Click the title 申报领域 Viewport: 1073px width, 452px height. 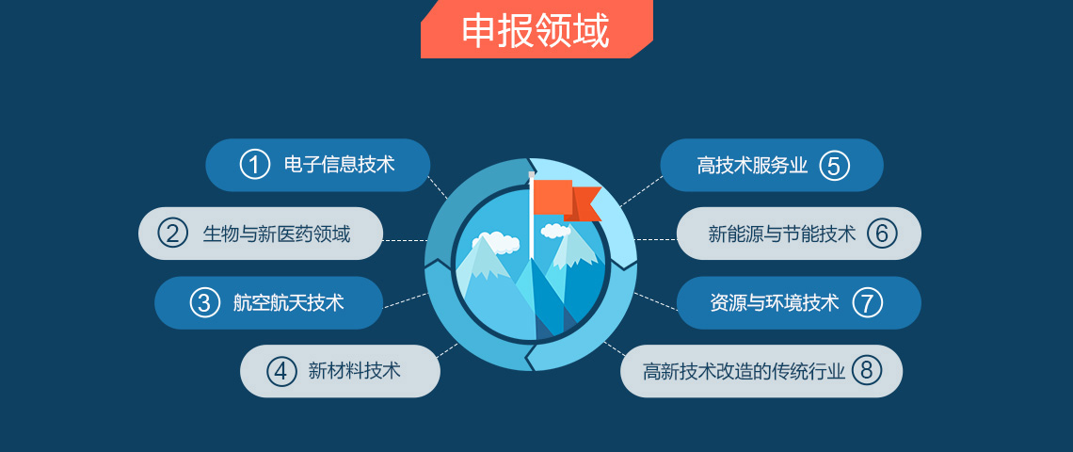[x=536, y=30]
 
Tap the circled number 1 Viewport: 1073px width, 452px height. [x=254, y=165]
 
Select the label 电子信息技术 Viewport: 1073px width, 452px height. [x=340, y=165]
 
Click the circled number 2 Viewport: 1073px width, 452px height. [x=172, y=234]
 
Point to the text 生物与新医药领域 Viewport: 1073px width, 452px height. [x=277, y=234]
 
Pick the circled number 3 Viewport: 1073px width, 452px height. [x=204, y=302]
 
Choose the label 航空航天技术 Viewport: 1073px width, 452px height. [x=289, y=302]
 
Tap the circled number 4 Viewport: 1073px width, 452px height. [x=280, y=370]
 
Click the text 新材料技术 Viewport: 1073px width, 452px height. [x=355, y=371]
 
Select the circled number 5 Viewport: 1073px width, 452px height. [x=834, y=166]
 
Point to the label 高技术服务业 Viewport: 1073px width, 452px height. [x=753, y=166]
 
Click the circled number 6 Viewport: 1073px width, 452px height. [x=882, y=234]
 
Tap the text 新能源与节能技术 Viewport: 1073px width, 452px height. [x=782, y=234]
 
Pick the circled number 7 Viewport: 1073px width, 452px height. [x=867, y=302]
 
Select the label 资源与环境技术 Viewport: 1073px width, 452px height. [x=775, y=302]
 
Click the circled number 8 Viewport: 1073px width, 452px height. [x=866, y=370]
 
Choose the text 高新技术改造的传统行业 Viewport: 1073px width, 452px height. [x=745, y=371]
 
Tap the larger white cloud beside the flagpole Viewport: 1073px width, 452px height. [x=495, y=242]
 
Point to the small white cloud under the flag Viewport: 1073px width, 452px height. [x=555, y=231]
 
